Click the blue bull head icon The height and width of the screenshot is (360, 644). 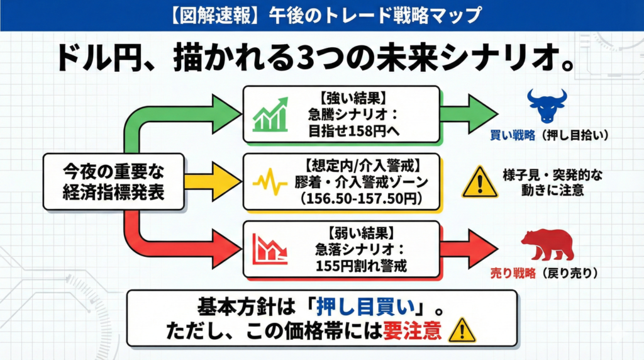pyautogui.click(x=547, y=106)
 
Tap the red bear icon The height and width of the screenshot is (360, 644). pyautogui.click(x=547, y=244)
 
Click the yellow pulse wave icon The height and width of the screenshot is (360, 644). pyautogui.click(x=270, y=182)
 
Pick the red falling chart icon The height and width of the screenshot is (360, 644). pyautogui.click(x=270, y=248)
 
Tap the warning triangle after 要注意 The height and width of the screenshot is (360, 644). pyautogui.click(x=462, y=329)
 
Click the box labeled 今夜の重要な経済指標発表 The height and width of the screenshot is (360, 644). pyautogui.click(x=114, y=181)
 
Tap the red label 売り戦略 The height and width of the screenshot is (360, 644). pyautogui.click(x=513, y=274)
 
